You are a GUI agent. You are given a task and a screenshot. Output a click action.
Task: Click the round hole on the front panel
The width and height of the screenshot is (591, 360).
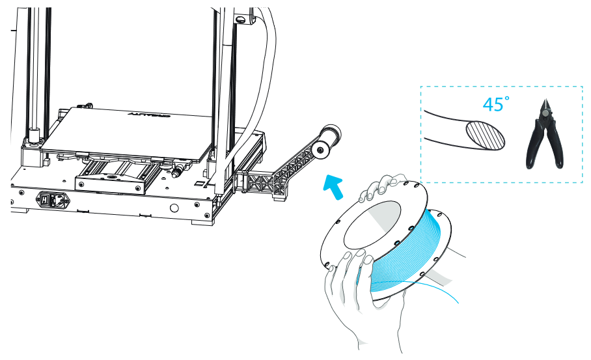174,209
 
